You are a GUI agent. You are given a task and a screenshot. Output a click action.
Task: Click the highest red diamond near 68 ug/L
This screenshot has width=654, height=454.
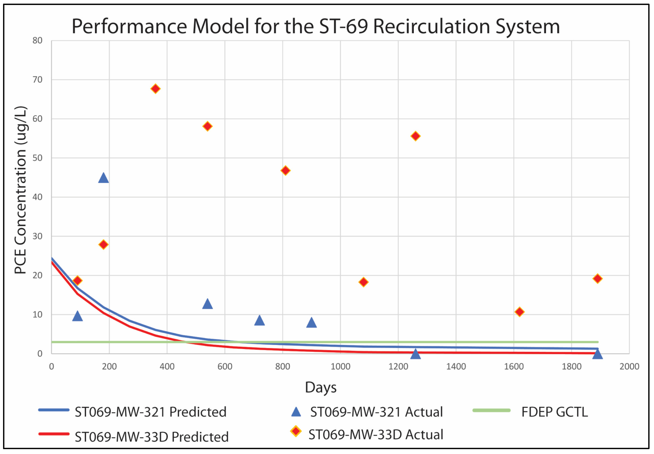155,89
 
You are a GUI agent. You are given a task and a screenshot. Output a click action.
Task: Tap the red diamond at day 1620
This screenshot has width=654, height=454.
519,312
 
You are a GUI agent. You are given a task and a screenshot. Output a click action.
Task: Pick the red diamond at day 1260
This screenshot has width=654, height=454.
416,136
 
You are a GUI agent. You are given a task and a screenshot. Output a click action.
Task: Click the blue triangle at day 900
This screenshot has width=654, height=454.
311,323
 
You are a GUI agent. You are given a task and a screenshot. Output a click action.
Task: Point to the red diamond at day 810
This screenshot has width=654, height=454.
285,171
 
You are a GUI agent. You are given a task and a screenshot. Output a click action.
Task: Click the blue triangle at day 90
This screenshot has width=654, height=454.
77,316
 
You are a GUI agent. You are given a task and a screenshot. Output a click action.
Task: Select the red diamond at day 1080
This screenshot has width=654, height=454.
363,282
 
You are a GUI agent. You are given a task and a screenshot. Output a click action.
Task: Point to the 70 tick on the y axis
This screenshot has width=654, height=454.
37,80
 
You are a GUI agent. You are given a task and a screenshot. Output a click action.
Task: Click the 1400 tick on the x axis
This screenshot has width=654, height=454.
456,367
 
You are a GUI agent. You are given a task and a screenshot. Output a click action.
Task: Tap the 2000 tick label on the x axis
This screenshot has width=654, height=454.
629,367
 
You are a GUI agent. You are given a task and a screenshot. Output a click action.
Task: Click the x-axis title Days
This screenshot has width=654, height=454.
321,387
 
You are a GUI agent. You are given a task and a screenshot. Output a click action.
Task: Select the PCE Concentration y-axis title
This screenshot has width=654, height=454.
20,190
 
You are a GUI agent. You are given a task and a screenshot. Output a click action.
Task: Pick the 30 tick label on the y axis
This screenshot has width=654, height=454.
37,236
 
